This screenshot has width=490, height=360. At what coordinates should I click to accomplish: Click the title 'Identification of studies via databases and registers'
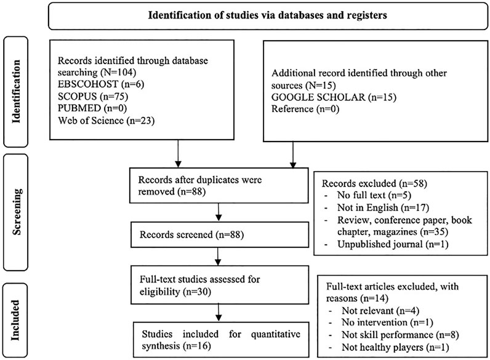point(268,15)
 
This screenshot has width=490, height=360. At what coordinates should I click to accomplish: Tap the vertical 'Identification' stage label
point(15,92)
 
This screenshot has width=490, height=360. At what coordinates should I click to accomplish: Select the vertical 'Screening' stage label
point(16,212)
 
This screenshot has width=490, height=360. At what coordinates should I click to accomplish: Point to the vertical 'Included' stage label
point(15,321)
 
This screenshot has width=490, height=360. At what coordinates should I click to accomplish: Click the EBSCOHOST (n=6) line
point(101,84)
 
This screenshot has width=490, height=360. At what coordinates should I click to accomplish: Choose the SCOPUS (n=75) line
point(93,96)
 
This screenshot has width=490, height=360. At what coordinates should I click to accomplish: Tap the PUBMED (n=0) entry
point(92,108)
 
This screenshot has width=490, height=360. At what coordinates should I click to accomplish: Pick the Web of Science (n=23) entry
point(106,121)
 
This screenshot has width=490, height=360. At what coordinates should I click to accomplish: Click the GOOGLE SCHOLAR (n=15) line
point(334,97)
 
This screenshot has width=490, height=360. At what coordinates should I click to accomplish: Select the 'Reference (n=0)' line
point(305,109)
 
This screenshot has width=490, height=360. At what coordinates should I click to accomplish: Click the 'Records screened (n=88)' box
point(220,234)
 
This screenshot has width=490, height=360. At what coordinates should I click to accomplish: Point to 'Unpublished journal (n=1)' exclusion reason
point(393,244)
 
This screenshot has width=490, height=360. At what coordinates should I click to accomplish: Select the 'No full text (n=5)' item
point(374,195)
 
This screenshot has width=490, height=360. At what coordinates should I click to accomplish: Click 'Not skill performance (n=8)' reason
point(400,335)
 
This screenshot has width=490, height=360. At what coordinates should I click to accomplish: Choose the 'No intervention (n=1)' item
point(387,322)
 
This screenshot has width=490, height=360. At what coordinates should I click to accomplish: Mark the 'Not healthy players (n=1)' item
point(395,347)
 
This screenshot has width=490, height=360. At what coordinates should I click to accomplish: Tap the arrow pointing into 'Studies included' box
point(219,312)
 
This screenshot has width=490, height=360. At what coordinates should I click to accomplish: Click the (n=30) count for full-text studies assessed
point(197,292)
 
